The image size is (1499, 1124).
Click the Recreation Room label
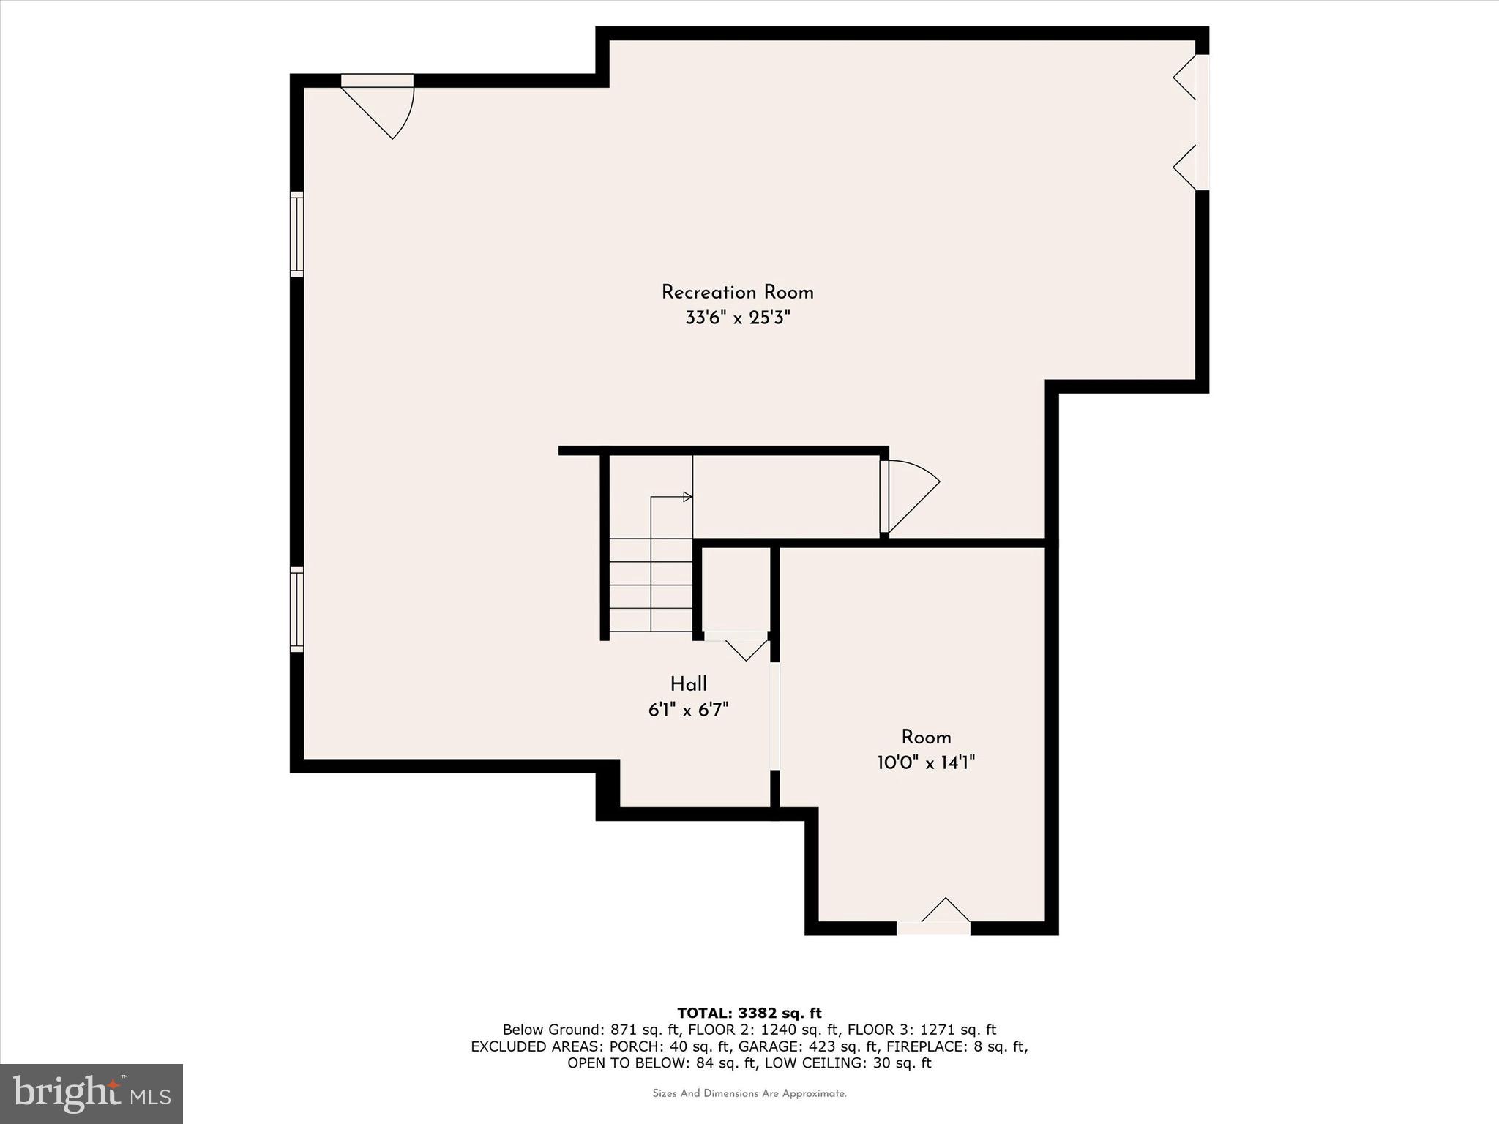[x=737, y=293]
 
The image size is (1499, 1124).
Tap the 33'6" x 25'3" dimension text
[x=738, y=318]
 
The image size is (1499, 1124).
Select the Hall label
[x=688, y=684]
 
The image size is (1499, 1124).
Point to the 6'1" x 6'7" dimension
[x=688, y=710]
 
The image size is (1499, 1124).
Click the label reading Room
[x=926, y=738]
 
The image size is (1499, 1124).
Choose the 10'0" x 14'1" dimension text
[x=926, y=763]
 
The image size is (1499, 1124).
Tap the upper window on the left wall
[x=296, y=234]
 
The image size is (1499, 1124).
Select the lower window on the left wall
[x=296, y=609]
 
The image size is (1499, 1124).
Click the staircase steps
[x=651, y=585]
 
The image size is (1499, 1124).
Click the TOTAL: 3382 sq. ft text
[x=749, y=1014]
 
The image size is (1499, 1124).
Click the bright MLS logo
[x=91, y=1093]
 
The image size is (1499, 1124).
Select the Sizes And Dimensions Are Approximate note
[x=749, y=1094]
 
